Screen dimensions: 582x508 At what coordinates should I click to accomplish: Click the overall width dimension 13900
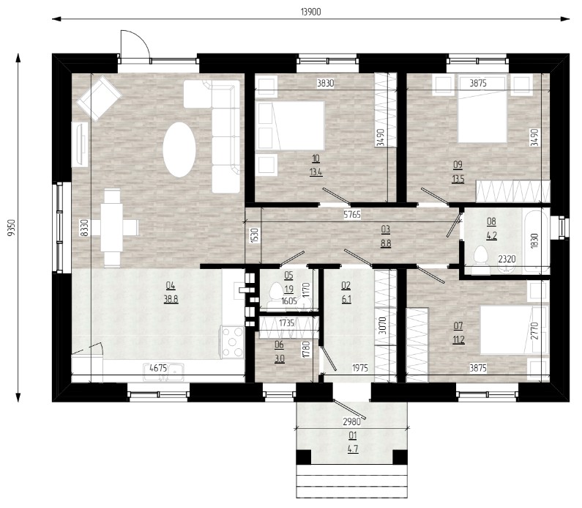coord(310,12)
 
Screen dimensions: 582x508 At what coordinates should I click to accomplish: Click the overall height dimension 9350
coord(12,228)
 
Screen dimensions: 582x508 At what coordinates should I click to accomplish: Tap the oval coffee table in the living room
coord(179,150)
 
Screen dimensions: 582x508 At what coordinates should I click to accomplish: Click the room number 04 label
coord(171,286)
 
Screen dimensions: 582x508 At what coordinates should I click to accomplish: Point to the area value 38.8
coord(171,299)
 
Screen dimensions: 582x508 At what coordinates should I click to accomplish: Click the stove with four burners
coord(233,342)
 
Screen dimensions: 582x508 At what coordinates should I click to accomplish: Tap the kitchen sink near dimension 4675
coord(164,372)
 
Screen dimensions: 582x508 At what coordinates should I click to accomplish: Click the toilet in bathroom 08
coord(481,256)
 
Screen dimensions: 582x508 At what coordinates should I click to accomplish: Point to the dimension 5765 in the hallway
coord(352,215)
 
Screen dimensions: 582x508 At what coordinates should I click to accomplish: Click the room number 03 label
coord(386,229)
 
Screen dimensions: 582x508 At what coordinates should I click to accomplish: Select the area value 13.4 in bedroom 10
coord(316,172)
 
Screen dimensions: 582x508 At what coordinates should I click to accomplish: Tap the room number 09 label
coord(458,165)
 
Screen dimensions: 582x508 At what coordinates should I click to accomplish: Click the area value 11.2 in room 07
coord(458,339)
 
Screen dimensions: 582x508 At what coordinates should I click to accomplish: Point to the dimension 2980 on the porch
coord(351,422)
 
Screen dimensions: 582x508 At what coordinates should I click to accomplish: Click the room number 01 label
coord(353,435)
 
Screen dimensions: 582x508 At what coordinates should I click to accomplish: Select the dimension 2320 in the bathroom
coord(507,259)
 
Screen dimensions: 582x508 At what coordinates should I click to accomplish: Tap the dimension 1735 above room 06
coord(286,323)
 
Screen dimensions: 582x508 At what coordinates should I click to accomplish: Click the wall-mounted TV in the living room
coord(80,144)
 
